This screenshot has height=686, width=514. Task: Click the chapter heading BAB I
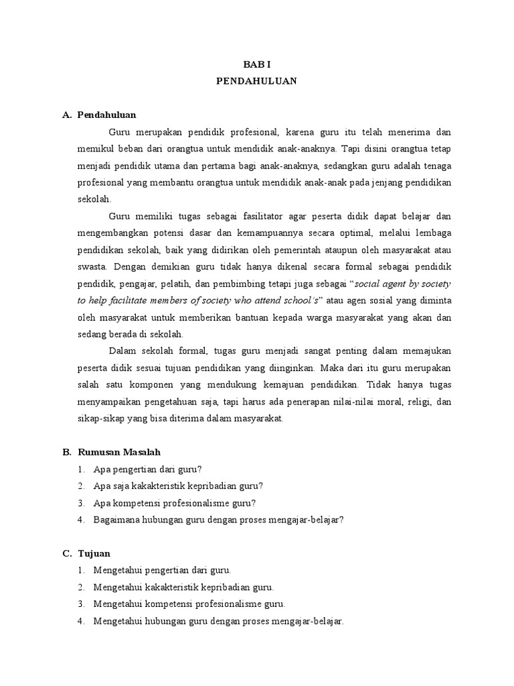(x=257, y=64)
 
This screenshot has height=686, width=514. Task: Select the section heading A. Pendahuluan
(x=106, y=115)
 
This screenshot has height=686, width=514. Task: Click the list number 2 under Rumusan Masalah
(x=80, y=486)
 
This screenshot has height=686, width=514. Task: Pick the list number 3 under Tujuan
(x=80, y=604)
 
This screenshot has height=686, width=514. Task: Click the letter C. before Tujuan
(x=66, y=553)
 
